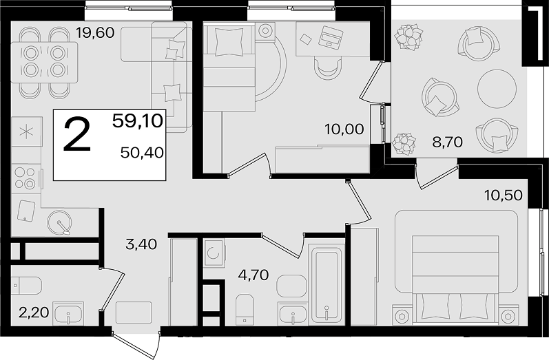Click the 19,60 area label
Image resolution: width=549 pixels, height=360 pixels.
96,33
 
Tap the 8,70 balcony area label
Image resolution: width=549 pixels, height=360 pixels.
448,142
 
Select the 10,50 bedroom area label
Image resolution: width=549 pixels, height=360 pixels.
504,195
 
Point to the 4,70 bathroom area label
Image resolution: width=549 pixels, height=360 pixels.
253,275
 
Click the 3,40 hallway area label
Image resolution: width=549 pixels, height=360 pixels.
141,244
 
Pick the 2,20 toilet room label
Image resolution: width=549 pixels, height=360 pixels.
34,313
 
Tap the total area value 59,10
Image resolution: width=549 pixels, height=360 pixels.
138,121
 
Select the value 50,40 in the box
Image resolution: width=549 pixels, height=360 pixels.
142,153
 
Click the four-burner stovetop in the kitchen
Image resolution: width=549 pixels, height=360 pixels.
27,178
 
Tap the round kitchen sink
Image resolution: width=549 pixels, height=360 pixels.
60,222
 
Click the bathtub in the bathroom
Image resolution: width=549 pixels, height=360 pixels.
327,284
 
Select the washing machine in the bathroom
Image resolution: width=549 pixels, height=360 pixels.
214,253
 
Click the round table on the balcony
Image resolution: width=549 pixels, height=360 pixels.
497,89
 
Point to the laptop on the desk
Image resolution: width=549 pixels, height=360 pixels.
331,36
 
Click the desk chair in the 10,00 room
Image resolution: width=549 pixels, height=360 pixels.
328,68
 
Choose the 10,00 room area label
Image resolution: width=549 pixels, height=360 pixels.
344,129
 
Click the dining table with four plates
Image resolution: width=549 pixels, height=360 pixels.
44,62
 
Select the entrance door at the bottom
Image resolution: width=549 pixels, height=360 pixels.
136,345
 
